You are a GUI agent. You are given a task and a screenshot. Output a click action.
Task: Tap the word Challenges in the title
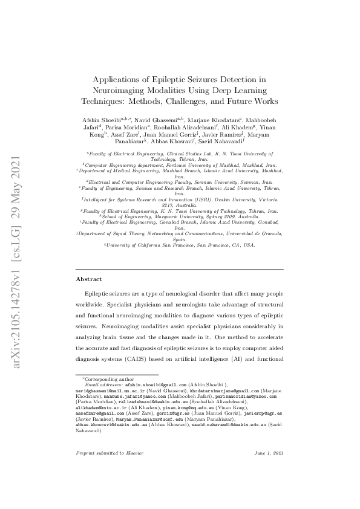click(201, 101)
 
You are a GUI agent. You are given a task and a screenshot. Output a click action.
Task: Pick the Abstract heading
click(88, 279)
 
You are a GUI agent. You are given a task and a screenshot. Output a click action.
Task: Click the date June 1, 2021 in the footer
click(268, 469)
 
